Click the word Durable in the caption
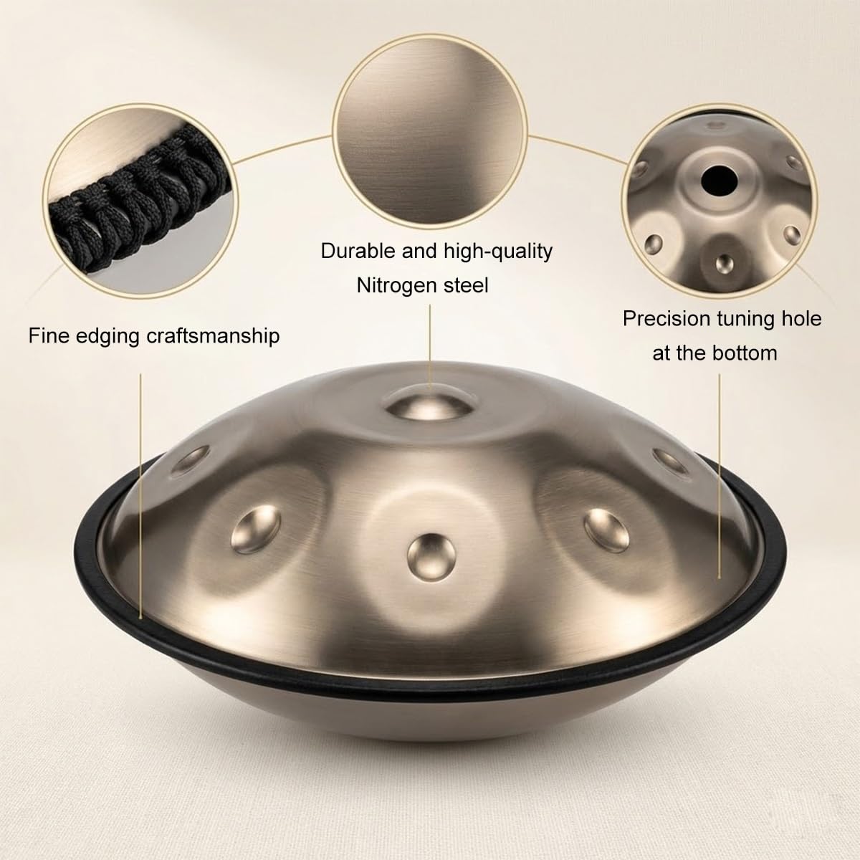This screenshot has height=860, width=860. click(x=358, y=251)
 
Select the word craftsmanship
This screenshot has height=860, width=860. click(x=214, y=335)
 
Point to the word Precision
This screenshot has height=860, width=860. click(x=666, y=319)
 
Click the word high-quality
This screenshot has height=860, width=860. click(x=498, y=252)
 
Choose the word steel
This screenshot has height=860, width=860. click(x=466, y=285)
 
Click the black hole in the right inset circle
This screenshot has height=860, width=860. click(x=719, y=181)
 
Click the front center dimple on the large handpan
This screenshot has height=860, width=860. click(x=431, y=557)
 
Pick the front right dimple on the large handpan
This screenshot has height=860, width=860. click(x=606, y=530)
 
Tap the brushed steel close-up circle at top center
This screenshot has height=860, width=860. click(x=430, y=130)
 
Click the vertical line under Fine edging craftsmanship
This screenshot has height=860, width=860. click(x=140, y=496)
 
